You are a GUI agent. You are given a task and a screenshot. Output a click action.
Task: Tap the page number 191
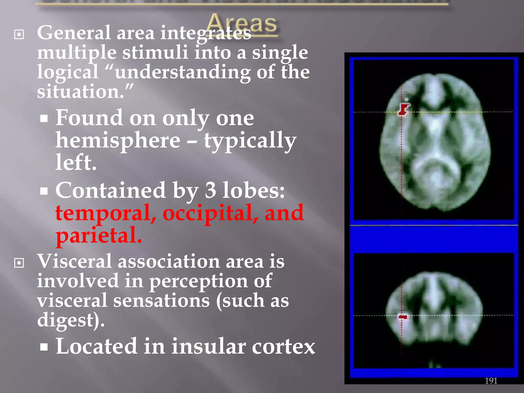point(491,381)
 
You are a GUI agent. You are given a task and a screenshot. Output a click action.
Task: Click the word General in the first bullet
point(74,33)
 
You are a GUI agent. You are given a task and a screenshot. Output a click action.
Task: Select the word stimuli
point(155,53)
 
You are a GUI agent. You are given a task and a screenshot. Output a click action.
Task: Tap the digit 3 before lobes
point(210,190)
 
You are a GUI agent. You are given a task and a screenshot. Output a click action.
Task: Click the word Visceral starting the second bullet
point(74,261)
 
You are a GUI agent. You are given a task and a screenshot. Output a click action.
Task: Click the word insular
point(208,346)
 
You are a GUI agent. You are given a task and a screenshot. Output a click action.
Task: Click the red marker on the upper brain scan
point(403,109)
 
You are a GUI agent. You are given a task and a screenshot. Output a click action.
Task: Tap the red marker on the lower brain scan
point(403,317)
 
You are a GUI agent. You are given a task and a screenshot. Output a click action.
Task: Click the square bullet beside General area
point(19,34)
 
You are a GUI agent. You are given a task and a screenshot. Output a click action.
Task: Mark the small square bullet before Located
point(44,347)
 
